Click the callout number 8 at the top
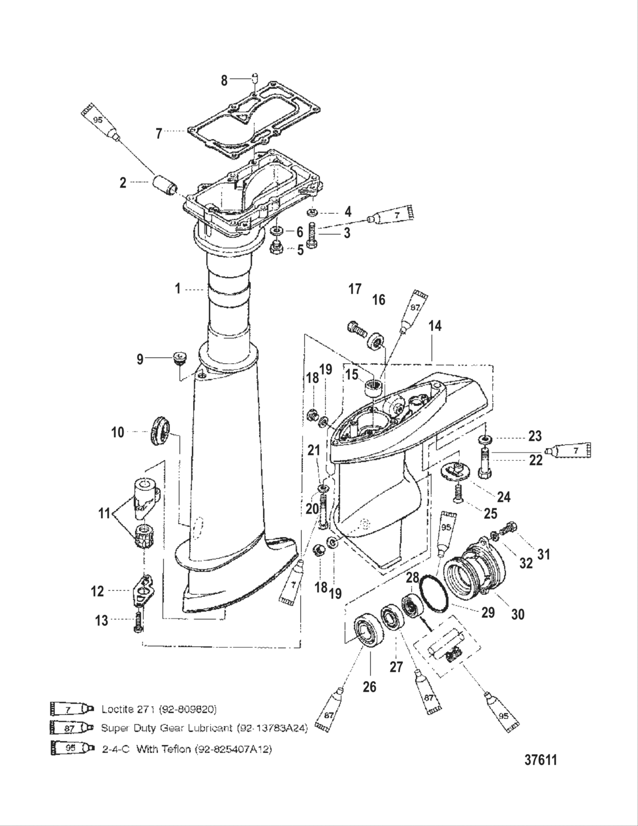point(224,80)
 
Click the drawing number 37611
point(541,760)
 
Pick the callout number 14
point(435,326)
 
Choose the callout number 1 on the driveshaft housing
point(177,289)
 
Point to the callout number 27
point(396,668)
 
